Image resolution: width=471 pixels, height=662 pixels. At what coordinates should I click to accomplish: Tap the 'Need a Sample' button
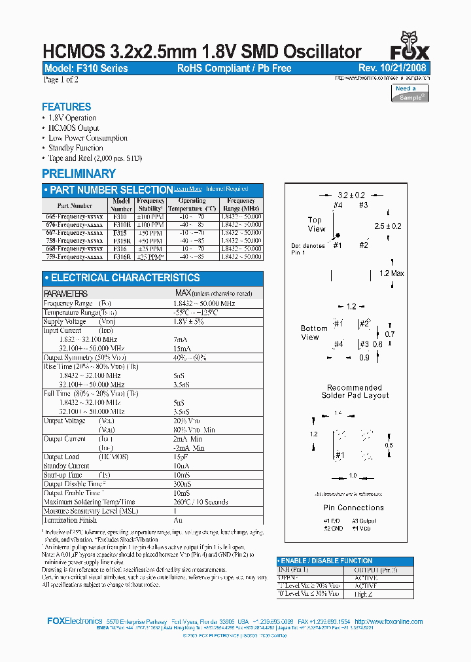[410, 93]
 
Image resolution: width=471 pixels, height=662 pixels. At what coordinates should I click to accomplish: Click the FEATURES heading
[66, 107]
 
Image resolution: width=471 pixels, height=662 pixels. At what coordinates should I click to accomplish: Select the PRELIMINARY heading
[78, 173]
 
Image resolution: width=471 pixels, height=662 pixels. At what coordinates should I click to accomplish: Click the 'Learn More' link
[187, 189]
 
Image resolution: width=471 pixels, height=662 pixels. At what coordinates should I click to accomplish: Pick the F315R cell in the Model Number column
[120, 241]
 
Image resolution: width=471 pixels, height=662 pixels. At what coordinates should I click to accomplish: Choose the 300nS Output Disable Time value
[183, 483]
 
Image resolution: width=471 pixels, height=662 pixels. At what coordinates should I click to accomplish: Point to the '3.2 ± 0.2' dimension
[351, 195]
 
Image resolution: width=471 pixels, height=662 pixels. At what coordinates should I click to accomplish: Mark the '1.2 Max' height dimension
[391, 273]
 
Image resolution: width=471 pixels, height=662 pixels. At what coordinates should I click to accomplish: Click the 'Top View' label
[316, 224]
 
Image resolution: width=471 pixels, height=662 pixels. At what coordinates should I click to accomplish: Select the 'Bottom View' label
[313, 333]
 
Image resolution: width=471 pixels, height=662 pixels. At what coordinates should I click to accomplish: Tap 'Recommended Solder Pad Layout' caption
[355, 391]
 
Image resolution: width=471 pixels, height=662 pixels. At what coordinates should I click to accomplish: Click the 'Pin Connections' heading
[353, 508]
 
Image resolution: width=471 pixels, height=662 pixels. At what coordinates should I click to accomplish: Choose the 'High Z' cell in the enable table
[362, 593]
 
